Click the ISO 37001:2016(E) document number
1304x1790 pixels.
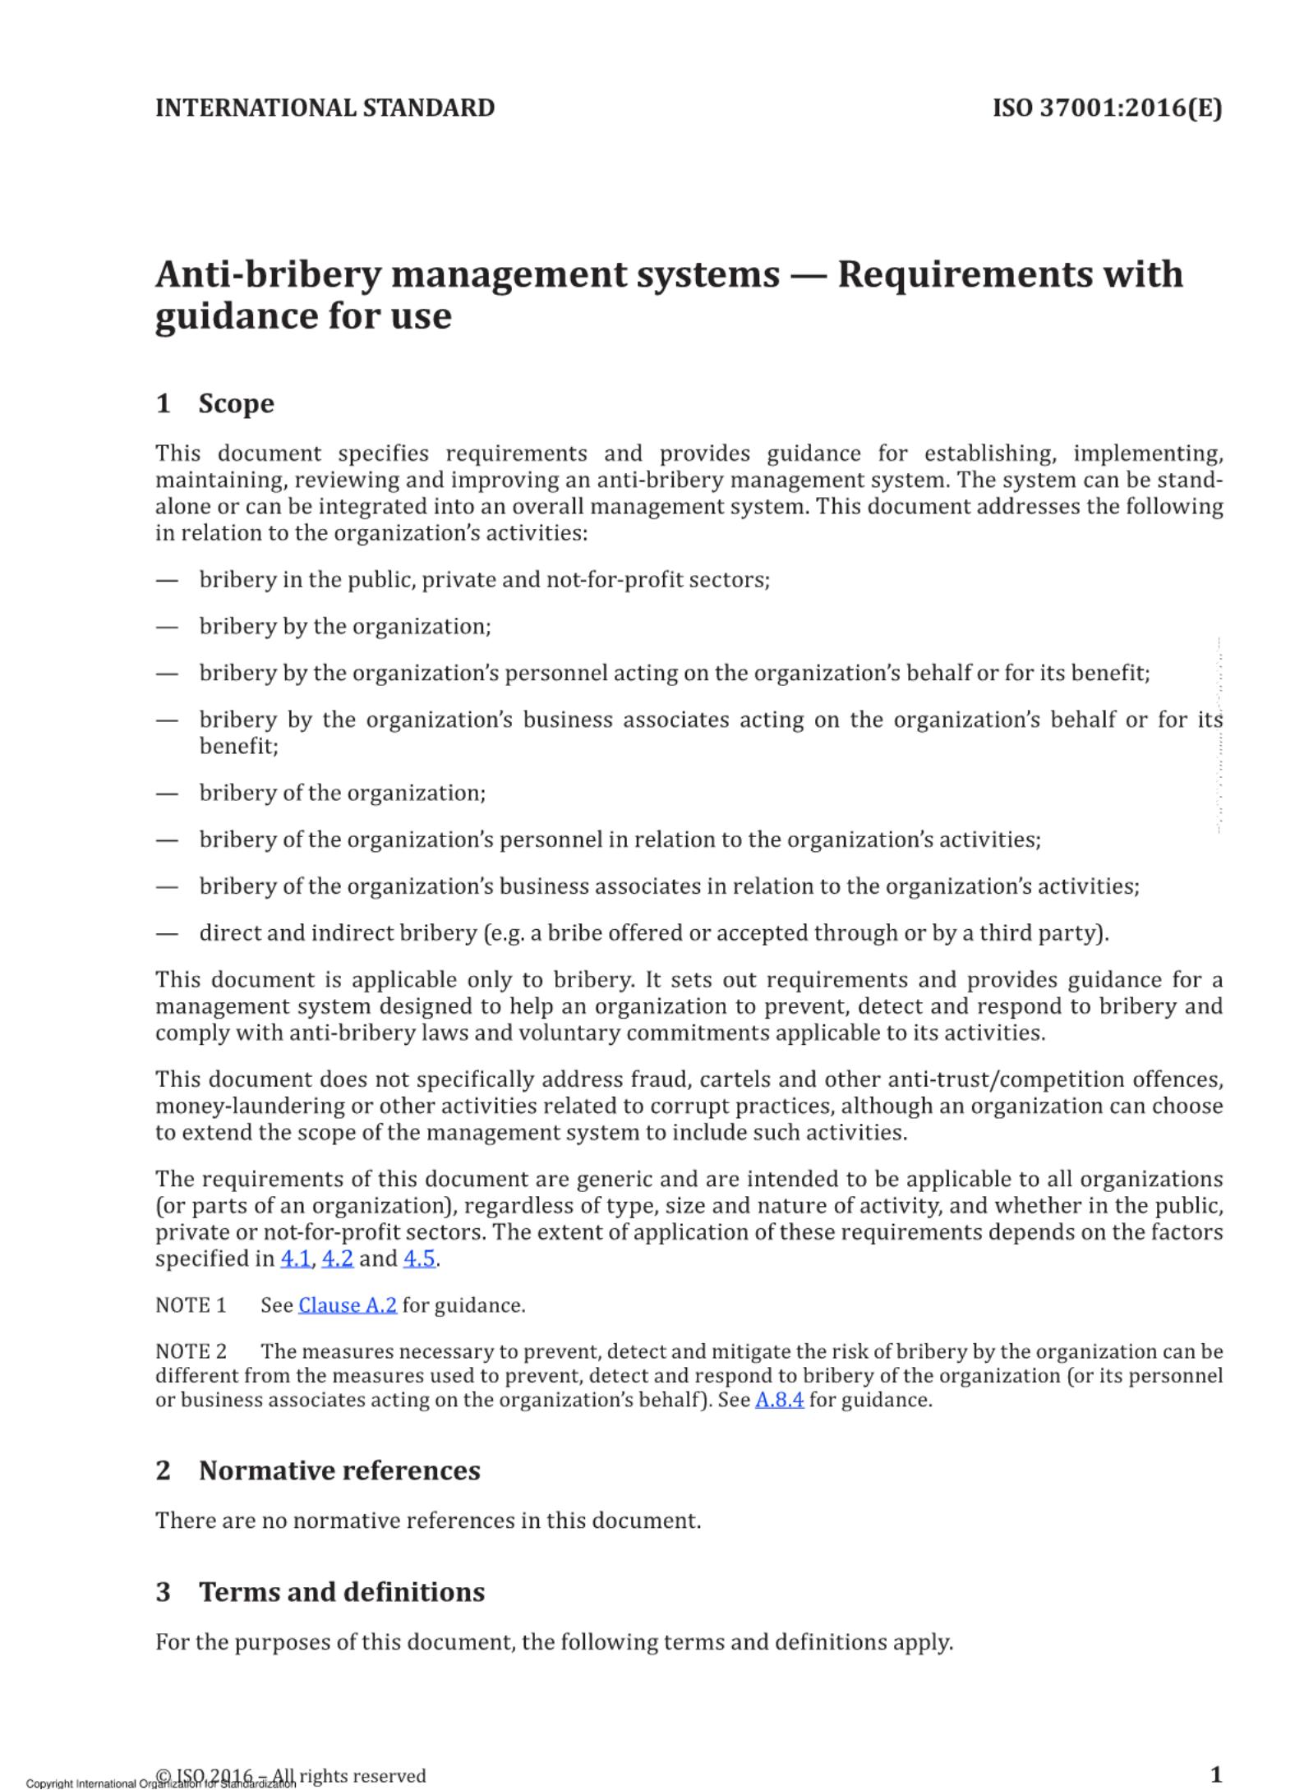1107,108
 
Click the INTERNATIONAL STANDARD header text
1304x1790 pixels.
325,108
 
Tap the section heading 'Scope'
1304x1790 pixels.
236,403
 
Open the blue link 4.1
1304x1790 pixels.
296,1259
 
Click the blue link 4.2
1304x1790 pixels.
337,1259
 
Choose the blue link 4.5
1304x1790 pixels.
419,1259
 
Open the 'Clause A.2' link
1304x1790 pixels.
348,1305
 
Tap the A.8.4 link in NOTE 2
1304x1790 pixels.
779,1400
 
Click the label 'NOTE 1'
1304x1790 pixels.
191,1305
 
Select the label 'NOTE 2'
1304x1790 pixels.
191,1351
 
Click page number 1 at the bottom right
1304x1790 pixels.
1217,1774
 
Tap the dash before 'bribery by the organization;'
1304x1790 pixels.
167,627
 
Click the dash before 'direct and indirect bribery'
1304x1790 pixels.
167,933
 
